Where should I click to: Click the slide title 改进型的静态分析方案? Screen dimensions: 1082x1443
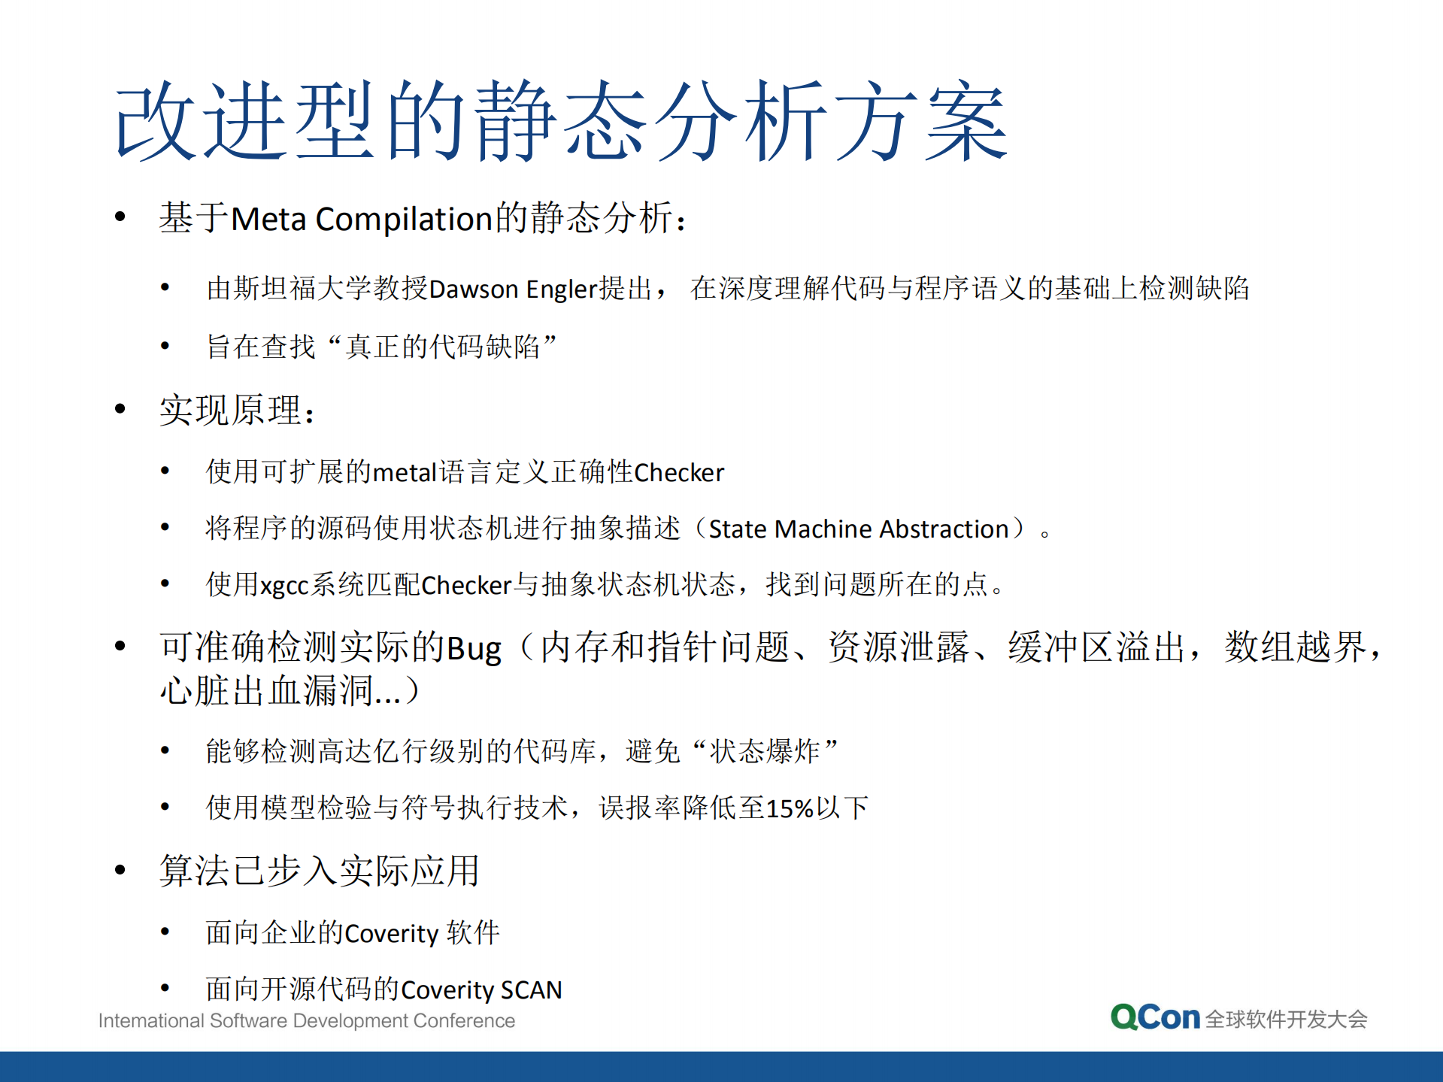click(x=560, y=122)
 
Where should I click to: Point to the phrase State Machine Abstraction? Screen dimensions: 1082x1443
click(x=858, y=529)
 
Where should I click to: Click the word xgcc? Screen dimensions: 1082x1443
click(x=284, y=586)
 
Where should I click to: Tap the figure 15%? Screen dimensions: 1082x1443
click(x=790, y=809)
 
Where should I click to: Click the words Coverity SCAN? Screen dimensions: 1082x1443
click(x=482, y=990)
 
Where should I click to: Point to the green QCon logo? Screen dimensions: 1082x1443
click(x=1155, y=1017)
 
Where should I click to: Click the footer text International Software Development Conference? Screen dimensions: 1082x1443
click(x=307, y=1021)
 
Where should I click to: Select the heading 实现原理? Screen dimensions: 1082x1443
click(x=232, y=411)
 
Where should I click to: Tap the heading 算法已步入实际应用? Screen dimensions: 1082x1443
click(x=319, y=871)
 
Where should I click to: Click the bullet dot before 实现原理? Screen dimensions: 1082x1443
click(x=120, y=409)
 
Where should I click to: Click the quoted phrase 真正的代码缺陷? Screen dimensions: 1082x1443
click(x=443, y=347)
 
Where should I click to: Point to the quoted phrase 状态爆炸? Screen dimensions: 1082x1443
click(x=765, y=751)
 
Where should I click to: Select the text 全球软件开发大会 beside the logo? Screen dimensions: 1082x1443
click(x=1286, y=1020)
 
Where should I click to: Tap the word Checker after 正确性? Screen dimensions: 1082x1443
click(x=679, y=473)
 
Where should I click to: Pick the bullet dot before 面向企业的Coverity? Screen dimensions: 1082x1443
click(x=165, y=932)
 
